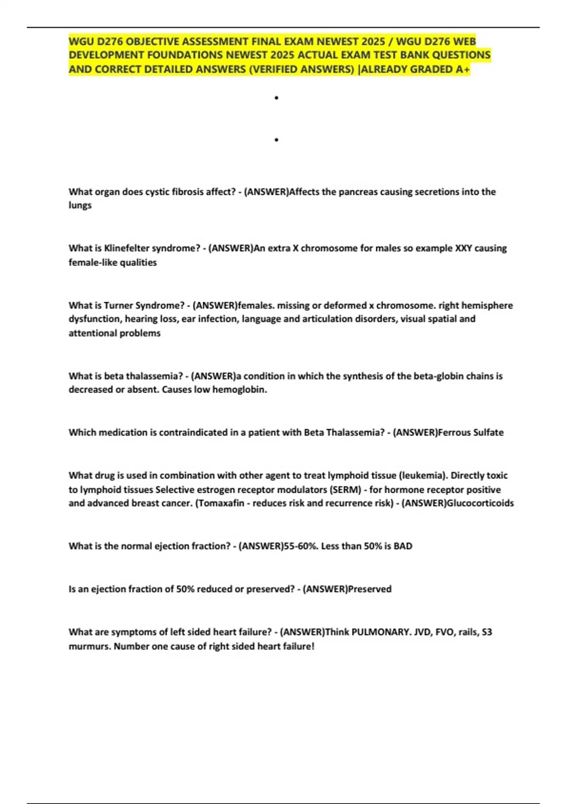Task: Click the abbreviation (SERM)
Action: coord(346,489)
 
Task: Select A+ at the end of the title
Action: coord(463,70)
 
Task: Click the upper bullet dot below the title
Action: coord(276,98)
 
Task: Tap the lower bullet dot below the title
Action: coord(276,140)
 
